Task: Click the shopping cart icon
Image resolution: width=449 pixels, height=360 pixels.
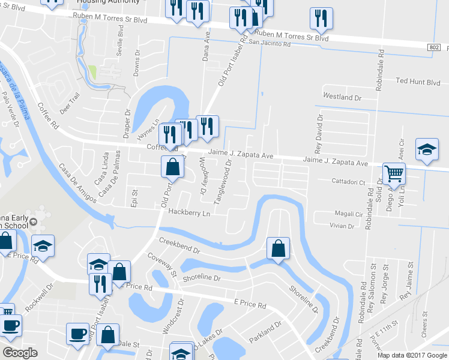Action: coord(394,174)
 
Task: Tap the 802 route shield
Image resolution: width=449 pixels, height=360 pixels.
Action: coord(434,47)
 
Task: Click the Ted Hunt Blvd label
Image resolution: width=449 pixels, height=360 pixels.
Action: coord(418,82)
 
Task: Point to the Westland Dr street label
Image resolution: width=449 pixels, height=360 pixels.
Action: coord(342,97)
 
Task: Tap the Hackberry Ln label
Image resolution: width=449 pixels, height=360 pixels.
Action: coord(190,212)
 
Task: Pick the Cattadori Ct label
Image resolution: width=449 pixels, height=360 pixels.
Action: coord(349,181)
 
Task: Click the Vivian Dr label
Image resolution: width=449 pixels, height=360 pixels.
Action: coord(342,226)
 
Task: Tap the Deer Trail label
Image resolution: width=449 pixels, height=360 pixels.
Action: coord(70,103)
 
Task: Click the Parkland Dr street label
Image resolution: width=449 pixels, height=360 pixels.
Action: coord(265,333)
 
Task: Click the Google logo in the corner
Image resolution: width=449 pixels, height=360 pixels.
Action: coord(20,353)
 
